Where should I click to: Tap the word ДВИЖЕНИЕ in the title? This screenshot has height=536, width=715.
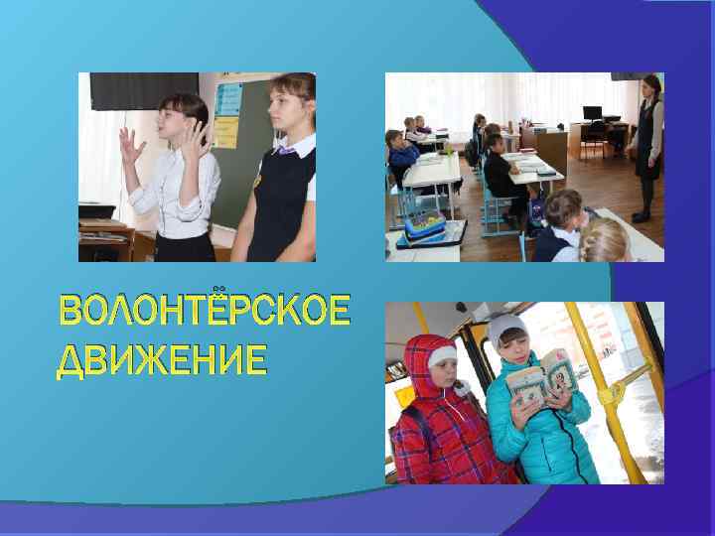tap(161, 359)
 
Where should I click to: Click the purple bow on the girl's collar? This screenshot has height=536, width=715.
tap(286, 151)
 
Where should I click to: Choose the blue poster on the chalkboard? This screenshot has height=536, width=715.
tap(228, 98)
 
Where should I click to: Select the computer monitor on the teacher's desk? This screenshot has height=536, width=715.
tap(593, 113)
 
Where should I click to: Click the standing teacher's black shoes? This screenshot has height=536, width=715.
tap(642, 215)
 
